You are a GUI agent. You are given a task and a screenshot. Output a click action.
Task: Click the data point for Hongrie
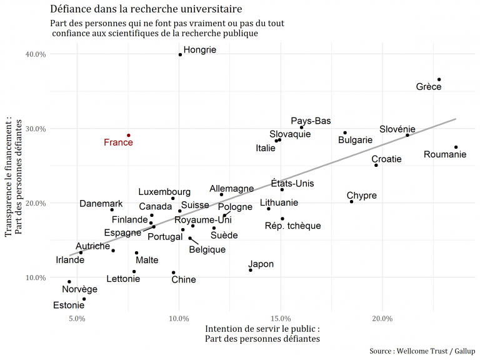click(180, 54)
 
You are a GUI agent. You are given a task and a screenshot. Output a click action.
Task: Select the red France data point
click(129, 135)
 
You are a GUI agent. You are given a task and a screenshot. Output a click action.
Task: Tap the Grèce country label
click(429, 87)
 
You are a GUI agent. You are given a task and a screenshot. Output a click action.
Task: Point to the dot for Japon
click(251, 270)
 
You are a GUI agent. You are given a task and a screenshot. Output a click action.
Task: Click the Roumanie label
click(445, 154)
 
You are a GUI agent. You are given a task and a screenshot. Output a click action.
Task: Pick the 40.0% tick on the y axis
click(35, 54)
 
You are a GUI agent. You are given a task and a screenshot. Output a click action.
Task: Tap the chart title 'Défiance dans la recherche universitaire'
click(146, 9)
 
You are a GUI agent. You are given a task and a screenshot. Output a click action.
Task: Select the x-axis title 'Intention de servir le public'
click(262, 329)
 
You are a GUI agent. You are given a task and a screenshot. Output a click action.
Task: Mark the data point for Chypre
click(351, 202)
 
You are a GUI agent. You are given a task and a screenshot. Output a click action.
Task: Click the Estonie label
click(68, 306)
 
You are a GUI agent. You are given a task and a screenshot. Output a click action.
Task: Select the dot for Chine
click(174, 272)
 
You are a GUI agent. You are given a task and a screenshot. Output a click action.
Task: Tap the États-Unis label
click(292, 184)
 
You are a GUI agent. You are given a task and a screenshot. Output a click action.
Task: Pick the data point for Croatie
click(376, 165)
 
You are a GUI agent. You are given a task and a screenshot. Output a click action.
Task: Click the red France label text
click(118, 142)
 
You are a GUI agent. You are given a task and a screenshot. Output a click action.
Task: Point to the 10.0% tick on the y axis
click(35, 277)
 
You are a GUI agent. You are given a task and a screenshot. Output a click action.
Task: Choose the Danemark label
click(101, 204)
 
